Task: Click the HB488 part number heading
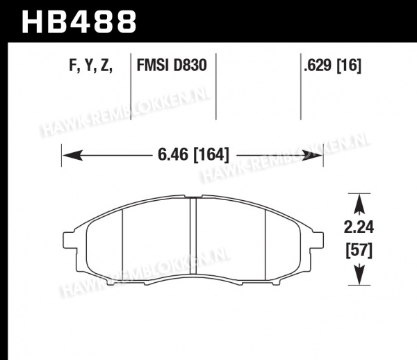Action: click(79, 22)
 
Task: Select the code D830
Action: click(190, 65)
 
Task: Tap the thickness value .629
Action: click(318, 65)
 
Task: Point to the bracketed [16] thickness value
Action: click(349, 65)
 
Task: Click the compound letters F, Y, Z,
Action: click(91, 65)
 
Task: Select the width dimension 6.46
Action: click(173, 154)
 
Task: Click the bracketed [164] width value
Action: click(211, 155)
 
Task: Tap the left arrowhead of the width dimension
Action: click(72, 155)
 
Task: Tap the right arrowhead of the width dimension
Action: click(312, 155)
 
